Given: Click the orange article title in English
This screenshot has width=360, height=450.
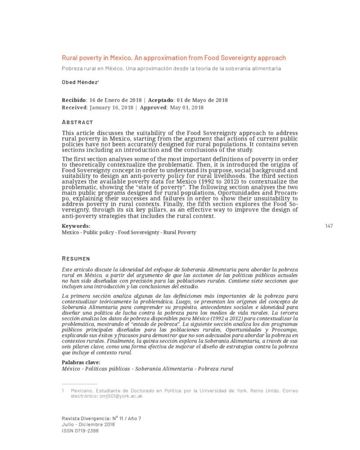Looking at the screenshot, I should pos(174,58).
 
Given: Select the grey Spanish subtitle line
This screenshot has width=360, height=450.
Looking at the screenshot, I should pos(171,69).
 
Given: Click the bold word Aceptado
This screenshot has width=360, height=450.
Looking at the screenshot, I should pos(160,100).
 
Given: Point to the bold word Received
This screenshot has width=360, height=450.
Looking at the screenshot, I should pos(74,107).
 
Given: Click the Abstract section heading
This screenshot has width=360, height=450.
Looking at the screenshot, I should pos(77,122).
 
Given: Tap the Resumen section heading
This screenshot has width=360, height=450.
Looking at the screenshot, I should pos(76,258).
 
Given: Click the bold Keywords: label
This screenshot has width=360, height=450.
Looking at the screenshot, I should pos(76,226).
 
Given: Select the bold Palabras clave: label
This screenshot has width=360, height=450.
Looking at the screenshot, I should pos(81,362).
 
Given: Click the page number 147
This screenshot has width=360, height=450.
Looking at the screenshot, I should pos(329,226).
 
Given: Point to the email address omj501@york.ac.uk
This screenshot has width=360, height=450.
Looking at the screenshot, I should pos(121,396).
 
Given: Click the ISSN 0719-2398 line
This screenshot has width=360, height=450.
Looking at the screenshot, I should pos(80,431).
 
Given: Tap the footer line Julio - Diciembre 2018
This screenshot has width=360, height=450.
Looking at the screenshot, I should pos(88,425).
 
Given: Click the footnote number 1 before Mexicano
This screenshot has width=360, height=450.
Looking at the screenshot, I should pos(63,391).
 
